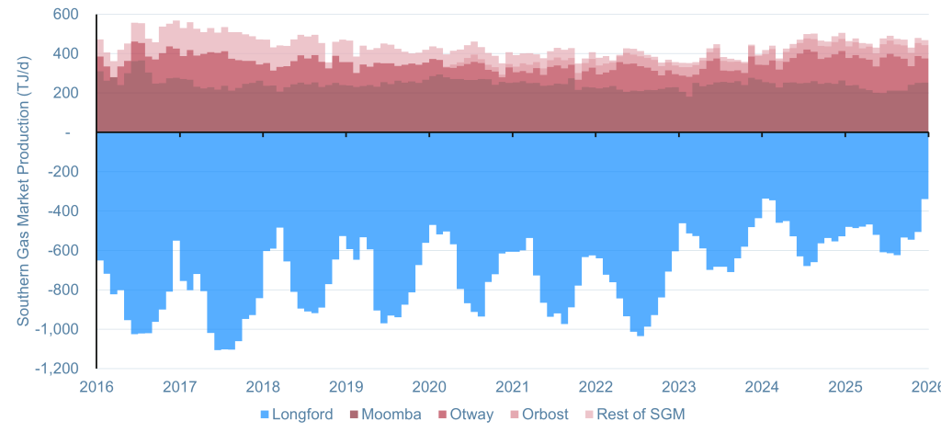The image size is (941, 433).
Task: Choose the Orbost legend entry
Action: point(546,415)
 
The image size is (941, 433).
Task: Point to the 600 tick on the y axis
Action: point(65,15)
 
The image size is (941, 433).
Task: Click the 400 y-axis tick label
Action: point(65,54)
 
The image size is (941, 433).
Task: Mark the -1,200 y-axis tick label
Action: point(58,369)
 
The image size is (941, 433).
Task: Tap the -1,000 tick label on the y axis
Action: point(58,329)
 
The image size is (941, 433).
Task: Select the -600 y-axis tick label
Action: point(62,251)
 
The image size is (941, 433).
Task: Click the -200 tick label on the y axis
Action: point(62,172)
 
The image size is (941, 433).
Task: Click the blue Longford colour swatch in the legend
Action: point(266,415)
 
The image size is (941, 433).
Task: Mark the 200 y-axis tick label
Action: point(65,93)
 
